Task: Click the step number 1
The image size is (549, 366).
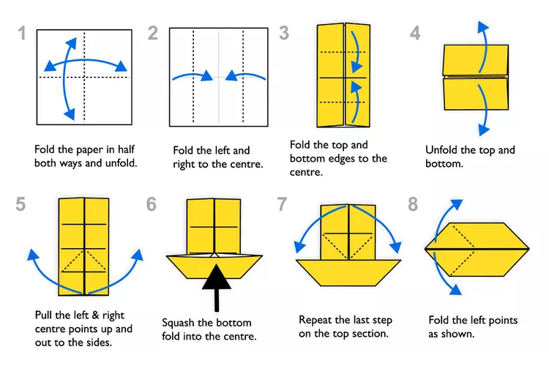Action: pos(23,34)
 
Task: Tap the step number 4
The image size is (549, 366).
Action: pos(415,34)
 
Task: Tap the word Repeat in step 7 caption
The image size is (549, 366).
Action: pos(317,320)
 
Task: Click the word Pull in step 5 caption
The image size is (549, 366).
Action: pos(45,315)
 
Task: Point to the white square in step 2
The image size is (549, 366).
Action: pos(218,77)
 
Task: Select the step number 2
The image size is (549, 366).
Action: pos(152,33)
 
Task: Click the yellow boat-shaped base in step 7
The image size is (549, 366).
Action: pos(348,271)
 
